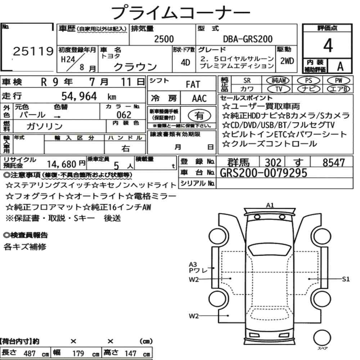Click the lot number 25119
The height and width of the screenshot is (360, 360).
[x=33, y=51]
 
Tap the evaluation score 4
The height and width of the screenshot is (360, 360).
[x=328, y=45]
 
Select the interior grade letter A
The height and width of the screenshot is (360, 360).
[x=340, y=66]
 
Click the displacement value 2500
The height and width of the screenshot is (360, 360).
[x=164, y=39]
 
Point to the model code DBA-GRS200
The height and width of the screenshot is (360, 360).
[x=248, y=39]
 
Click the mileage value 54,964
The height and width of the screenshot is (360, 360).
[x=79, y=96]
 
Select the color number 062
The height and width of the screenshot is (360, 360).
[x=124, y=114]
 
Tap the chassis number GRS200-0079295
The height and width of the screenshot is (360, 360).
[x=264, y=173]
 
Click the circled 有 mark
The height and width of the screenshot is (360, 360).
[x=199, y=116]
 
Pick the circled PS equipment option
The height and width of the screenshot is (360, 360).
[x=309, y=81]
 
